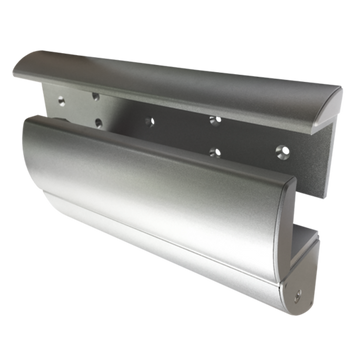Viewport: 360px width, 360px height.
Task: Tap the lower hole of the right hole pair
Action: click(x=214, y=152)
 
